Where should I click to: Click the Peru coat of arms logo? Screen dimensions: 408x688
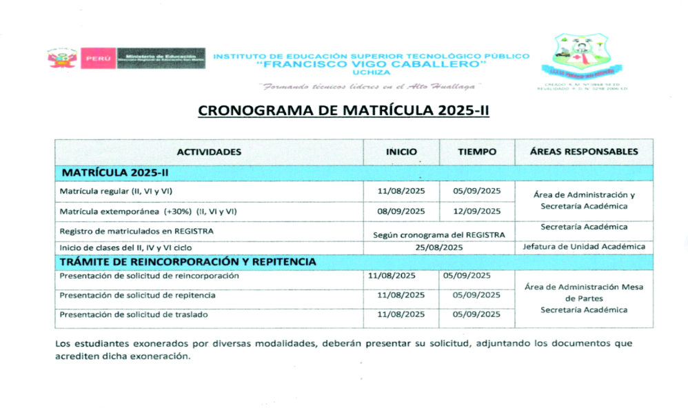coord(61,59)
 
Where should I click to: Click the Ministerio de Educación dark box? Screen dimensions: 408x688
coord(161,59)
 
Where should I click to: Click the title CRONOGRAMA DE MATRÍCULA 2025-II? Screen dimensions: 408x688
coord(343,111)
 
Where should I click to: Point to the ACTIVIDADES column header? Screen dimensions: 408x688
coord(209,152)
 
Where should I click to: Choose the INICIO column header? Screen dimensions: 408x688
coord(401,152)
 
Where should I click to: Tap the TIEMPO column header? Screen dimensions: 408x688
coord(477,152)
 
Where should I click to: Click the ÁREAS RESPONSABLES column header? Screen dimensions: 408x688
coord(584,152)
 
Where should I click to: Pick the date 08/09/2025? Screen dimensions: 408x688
coord(401,211)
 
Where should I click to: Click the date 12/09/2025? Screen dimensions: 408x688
coord(476,211)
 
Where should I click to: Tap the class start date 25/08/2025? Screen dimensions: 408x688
coord(438,247)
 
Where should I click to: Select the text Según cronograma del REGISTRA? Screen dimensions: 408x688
coord(438,234)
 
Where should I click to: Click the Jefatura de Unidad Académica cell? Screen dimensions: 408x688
coord(583,247)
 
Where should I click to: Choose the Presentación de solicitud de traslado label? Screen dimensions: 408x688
coord(134,314)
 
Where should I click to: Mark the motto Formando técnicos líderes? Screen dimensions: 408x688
coord(370,87)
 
